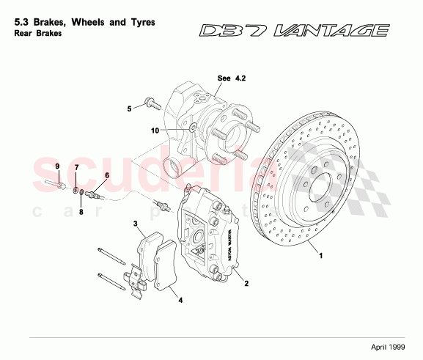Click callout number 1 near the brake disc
pos(320,257)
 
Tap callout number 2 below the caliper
pos(246,284)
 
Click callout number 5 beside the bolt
pos(129,109)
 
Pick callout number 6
pos(106,175)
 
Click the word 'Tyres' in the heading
pos(139,23)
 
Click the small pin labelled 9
pos(53,184)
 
